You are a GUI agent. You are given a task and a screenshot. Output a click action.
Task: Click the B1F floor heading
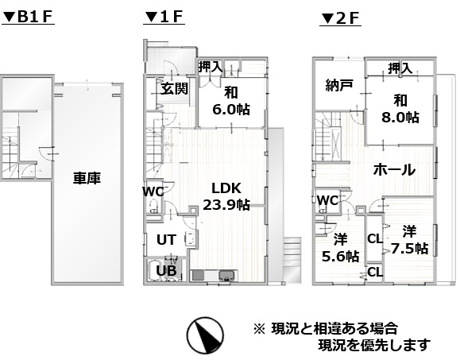[28, 17]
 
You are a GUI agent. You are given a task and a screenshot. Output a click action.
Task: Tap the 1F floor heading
[164, 17]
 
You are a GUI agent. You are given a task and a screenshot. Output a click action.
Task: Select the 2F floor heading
[340, 19]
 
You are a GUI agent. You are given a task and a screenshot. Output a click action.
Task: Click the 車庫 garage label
[87, 178]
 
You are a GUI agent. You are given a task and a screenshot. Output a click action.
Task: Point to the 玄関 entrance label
[174, 88]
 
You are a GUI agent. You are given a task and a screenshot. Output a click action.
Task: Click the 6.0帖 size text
[231, 110]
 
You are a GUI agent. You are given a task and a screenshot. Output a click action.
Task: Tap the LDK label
[226, 188]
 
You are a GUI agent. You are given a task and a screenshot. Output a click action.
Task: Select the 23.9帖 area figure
[226, 204]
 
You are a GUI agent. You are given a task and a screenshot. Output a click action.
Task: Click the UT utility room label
[166, 240]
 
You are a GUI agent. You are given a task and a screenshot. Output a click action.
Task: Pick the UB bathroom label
[166, 270]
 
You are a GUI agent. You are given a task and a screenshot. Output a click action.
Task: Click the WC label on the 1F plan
[153, 192]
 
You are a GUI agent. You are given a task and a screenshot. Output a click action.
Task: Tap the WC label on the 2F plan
[327, 201]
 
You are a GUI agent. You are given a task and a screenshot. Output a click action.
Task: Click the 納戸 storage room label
[338, 85]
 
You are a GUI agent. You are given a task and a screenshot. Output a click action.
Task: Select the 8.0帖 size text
[400, 118]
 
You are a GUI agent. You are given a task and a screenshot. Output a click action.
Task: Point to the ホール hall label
[394, 170]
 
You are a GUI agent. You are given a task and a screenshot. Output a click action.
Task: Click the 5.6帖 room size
[340, 257]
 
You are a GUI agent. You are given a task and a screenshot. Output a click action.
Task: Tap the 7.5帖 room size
[409, 249]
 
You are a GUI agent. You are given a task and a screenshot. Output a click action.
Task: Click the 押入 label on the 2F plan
[400, 68]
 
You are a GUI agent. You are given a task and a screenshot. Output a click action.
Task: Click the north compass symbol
[205, 335]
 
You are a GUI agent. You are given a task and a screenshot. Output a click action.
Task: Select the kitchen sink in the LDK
[226, 276]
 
